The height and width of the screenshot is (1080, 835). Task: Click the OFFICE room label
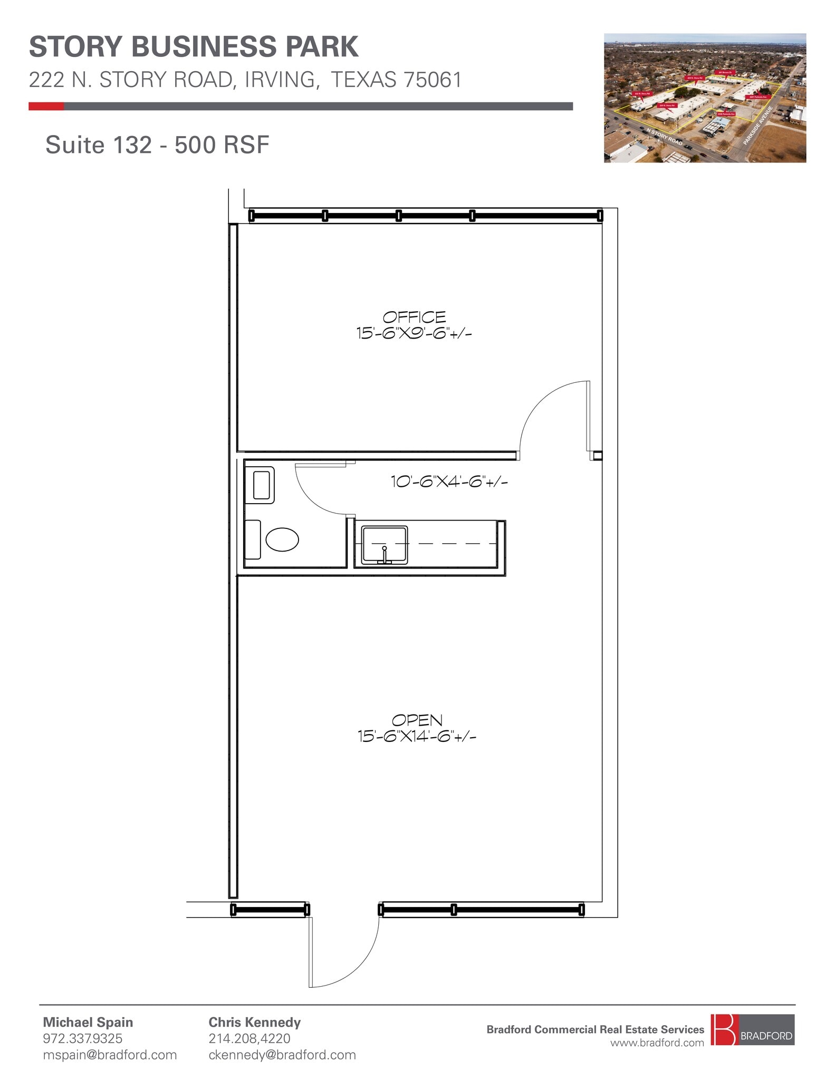(414, 317)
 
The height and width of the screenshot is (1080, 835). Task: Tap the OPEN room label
(417, 720)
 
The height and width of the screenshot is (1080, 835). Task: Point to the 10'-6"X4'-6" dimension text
(448, 481)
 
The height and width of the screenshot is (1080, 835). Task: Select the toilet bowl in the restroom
(282, 539)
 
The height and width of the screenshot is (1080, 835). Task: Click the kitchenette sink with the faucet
(385, 545)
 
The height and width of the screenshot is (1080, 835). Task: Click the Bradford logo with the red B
(751, 1029)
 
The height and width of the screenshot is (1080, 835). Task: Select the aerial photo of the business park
(705, 98)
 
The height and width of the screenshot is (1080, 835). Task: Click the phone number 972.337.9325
(82, 1038)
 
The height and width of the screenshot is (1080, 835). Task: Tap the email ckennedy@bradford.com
(282, 1055)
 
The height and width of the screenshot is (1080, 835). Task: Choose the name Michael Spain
(88, 1022)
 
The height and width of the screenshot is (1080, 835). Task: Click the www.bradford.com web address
(657, 1043)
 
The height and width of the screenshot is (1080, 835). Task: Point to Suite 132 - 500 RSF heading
(157, 145)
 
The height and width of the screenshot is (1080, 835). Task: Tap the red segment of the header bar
(46, 107)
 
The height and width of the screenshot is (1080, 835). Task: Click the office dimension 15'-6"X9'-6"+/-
(414, 333)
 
